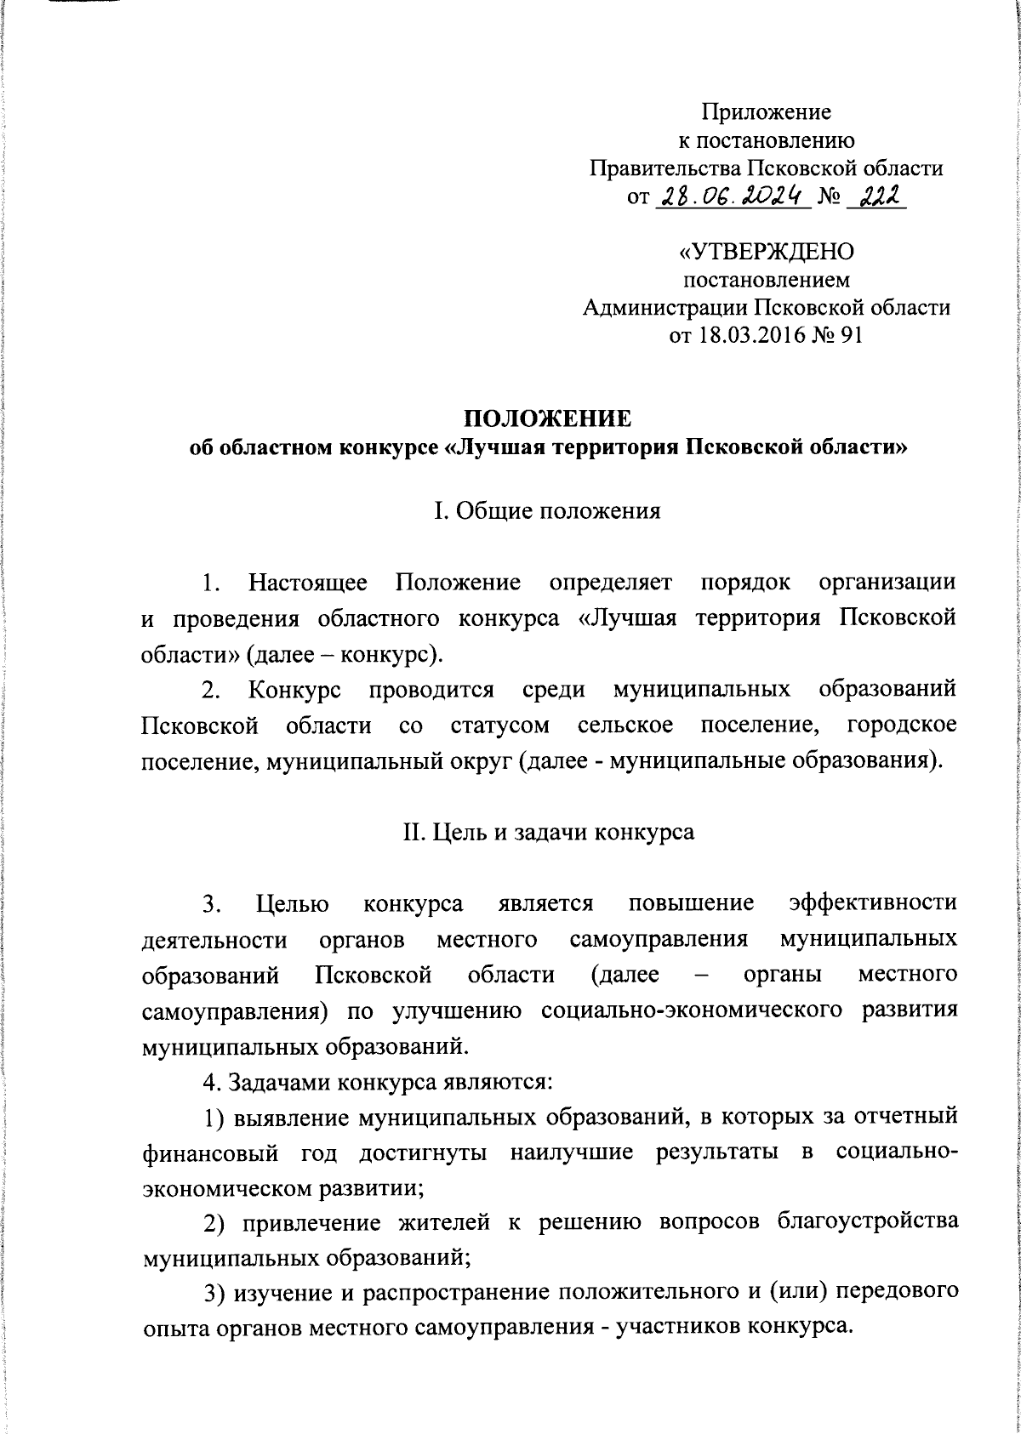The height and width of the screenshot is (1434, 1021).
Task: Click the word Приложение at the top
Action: [766, 112]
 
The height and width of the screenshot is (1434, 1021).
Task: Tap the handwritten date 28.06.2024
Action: [733, 197]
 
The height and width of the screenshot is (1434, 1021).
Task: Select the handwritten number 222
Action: [875, 197]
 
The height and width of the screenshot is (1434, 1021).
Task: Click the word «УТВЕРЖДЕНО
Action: [766, 253]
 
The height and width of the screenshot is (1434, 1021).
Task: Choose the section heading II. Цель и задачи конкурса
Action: [548, 831]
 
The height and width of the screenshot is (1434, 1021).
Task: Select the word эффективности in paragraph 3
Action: [872, 902]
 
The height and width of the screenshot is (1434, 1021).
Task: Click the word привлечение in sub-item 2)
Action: [309, 1222]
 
